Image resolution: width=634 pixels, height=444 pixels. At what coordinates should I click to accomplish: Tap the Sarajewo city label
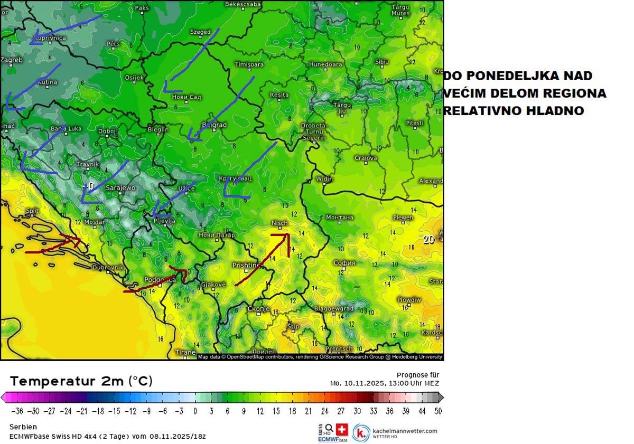120,187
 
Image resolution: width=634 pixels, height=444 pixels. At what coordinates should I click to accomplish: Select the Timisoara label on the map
249,64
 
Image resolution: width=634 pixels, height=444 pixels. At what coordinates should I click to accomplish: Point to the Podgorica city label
160,280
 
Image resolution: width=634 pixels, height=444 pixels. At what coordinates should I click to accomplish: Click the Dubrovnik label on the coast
108,268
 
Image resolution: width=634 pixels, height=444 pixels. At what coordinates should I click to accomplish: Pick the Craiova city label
366,158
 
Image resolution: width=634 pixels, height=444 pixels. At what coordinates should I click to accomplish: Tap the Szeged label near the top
200,32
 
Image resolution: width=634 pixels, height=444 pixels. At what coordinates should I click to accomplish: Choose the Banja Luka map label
66,128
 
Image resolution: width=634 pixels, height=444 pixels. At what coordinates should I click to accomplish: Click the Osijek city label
134,78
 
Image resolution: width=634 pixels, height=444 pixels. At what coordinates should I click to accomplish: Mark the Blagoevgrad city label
334,308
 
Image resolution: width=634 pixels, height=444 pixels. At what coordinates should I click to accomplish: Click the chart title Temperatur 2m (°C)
81,381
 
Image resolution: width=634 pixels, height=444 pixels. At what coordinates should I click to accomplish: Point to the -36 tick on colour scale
17,411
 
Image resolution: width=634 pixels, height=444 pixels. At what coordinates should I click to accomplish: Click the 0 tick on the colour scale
195,411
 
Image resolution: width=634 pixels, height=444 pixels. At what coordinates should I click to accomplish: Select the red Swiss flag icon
342,429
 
